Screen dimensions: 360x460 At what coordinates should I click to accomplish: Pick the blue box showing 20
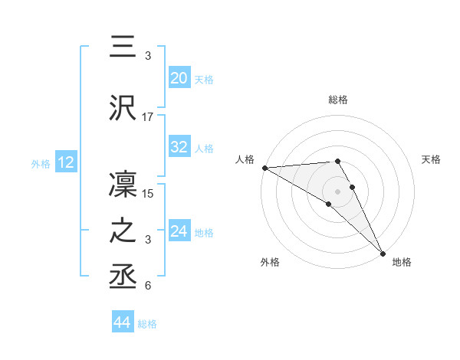179,78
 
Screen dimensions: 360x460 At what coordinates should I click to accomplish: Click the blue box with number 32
179,147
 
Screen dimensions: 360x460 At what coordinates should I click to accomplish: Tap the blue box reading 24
179,231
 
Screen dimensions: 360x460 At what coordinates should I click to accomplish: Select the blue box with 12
65,162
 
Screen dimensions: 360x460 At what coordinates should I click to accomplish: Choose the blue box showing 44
122,323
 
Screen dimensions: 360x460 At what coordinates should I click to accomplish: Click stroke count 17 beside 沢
148,116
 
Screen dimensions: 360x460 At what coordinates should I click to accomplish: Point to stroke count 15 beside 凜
149,194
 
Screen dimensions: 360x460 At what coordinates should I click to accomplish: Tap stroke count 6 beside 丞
148,286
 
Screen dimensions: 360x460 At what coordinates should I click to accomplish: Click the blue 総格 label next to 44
147,324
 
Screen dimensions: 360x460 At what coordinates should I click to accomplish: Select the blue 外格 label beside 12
41,163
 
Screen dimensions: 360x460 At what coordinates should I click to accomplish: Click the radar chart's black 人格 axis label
245,159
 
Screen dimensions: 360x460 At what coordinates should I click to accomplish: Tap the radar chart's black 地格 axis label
402,262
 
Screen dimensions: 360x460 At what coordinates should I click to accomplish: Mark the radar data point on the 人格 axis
264,168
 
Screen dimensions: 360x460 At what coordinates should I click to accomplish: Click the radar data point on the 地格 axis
382,254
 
